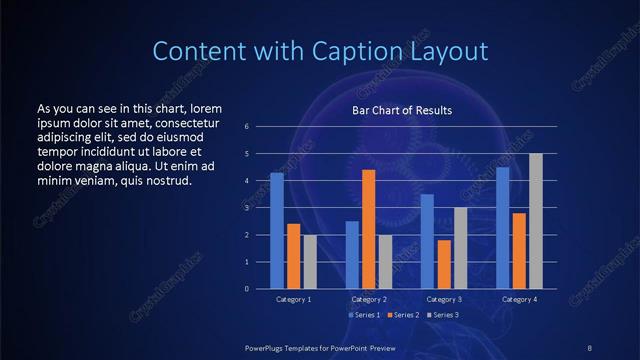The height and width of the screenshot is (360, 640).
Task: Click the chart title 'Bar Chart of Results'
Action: [402, 110]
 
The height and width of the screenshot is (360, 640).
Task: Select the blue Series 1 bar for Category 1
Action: [276, 231]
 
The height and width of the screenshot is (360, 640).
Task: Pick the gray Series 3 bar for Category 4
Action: [535, 221]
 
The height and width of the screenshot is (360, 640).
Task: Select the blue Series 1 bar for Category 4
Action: [502, 228]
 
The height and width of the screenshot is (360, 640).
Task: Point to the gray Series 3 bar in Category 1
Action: [309, 262]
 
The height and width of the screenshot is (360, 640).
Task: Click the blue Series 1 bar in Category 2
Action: [352, 255]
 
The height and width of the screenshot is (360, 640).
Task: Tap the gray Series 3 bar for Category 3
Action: [460, 248]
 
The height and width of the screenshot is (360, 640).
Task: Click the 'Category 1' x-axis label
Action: [293, 300]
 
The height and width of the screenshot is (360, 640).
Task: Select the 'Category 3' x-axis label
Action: [443, 300]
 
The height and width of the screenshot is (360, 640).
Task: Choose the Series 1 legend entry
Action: [363, 315]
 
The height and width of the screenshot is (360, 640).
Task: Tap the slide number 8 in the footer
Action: [589, 347]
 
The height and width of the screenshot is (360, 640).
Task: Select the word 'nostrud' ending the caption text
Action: [166, 181]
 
